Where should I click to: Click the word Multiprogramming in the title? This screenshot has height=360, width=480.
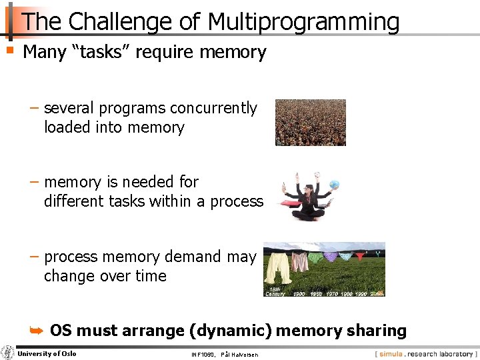click(x=303, y=23)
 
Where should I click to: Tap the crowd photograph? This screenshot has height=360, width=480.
click(x=311, y=123)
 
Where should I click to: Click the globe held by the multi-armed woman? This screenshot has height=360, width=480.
click(x=333, y=185)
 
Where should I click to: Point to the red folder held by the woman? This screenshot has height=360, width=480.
click(x=288, y=203)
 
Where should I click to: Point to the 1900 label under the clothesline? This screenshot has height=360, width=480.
click(x=298, y=293)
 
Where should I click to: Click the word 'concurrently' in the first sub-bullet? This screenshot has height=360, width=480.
click(x=213, y=108)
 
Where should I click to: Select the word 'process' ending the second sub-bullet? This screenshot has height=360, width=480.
click(x=237, y=201)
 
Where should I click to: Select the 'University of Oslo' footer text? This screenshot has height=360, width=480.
click(x=47, y=353)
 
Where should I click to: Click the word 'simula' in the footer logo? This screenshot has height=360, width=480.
click(x=391, y=354)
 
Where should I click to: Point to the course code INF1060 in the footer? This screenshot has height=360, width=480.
click(x=203, y=354)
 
